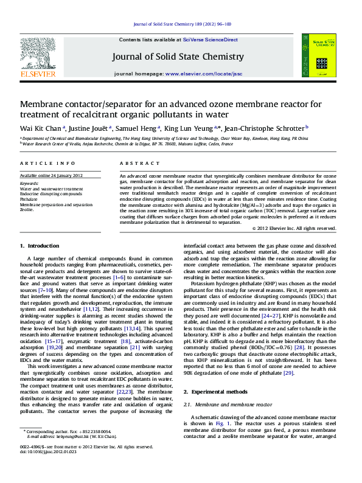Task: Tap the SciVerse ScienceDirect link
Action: click(x=214, y=40)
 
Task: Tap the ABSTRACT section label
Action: click(x=131, y=164)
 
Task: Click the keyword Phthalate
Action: click(x=29, y=199)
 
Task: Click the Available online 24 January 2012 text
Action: click(x=51, y=175)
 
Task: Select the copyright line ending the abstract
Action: click(x=276, y=228)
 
